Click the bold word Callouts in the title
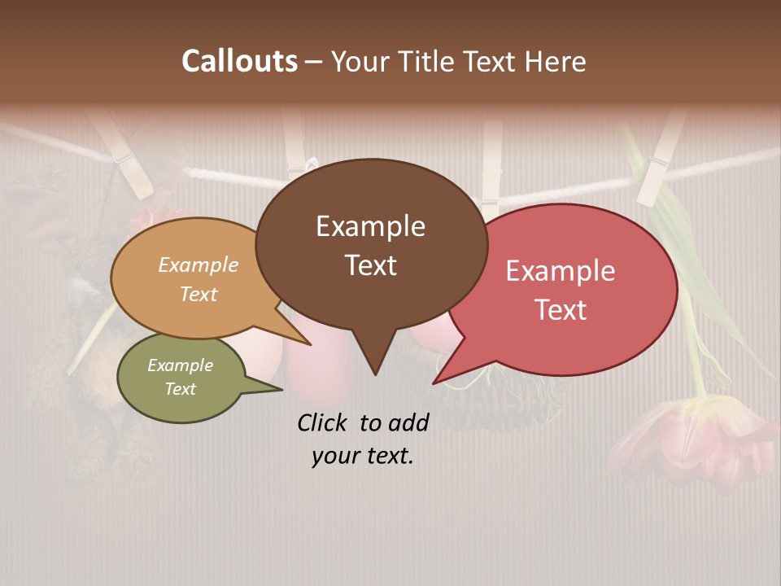tap(239, 61)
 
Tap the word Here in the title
tap(553, 62)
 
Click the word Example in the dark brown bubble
tap(370, 226)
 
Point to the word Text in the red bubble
tap(561, 310)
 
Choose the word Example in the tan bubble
tap(199, 265)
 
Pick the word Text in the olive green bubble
tap(181, 389)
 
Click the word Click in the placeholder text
tap(324, 422)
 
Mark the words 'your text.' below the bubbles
tap(363, 457)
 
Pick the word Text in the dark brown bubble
tap(370, 265)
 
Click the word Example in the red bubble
tap(561, 271)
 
